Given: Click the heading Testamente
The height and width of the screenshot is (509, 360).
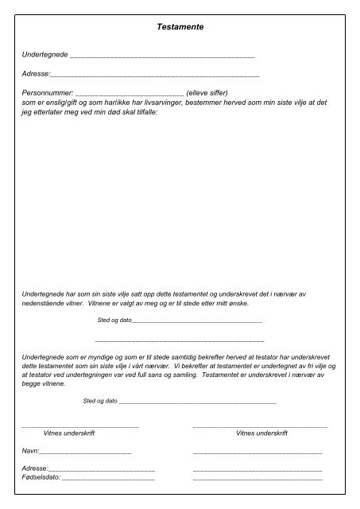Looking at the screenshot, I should click(182, 27).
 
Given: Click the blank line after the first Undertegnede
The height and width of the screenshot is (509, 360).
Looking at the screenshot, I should click(162, 57).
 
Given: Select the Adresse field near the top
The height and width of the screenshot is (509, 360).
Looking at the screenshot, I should click(155, 75).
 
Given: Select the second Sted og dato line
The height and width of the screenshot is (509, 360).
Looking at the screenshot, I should click(197, 402).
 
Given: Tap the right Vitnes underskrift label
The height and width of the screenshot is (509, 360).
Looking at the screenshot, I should click(261, 433).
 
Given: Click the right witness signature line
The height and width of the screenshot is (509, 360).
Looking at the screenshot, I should click(259, 427).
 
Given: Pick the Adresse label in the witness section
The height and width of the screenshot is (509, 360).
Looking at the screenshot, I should click(35, 469).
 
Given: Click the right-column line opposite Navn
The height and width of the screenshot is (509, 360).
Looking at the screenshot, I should click(257, 452).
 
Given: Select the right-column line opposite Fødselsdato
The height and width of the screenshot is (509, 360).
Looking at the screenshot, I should click(257, 480).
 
